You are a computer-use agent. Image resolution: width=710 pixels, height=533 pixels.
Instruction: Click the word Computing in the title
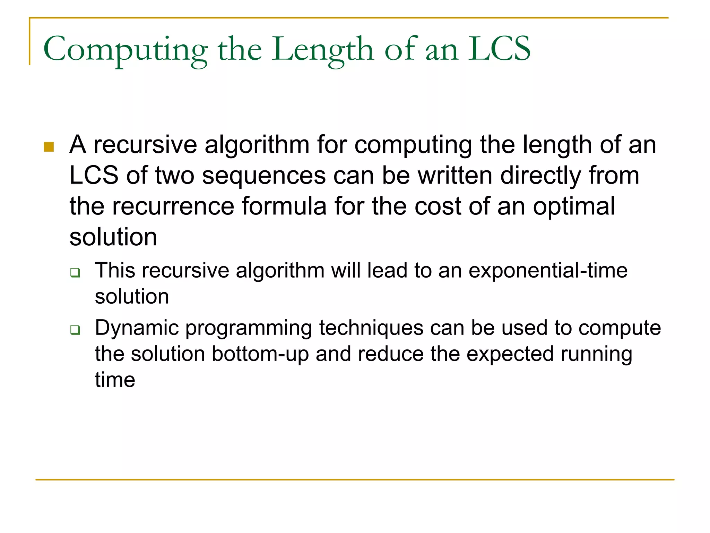point(125,49)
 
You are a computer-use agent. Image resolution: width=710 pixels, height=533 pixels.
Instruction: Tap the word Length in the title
point(322,49)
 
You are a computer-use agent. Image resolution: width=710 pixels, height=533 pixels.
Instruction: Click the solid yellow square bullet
point(49,147)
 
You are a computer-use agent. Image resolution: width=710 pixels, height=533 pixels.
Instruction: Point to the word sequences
point(264,176)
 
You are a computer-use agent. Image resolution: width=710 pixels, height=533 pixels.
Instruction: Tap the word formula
point(284,206)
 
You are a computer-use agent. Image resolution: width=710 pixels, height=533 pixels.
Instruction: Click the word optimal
point(574,206)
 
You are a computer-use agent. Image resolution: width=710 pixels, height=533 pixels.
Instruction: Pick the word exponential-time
point(548,271)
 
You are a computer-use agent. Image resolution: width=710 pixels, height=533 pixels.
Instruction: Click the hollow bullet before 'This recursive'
point(75,272)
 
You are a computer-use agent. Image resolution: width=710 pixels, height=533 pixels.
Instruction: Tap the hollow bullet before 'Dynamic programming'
point(75,330)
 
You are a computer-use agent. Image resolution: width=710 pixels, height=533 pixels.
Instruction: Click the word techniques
point(371,328)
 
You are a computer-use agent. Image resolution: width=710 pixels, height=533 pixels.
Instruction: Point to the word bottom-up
point(260,354)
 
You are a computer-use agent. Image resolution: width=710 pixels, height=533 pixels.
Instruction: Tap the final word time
point(115,380)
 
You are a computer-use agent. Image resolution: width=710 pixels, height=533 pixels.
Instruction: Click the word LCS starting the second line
point(94,176)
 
